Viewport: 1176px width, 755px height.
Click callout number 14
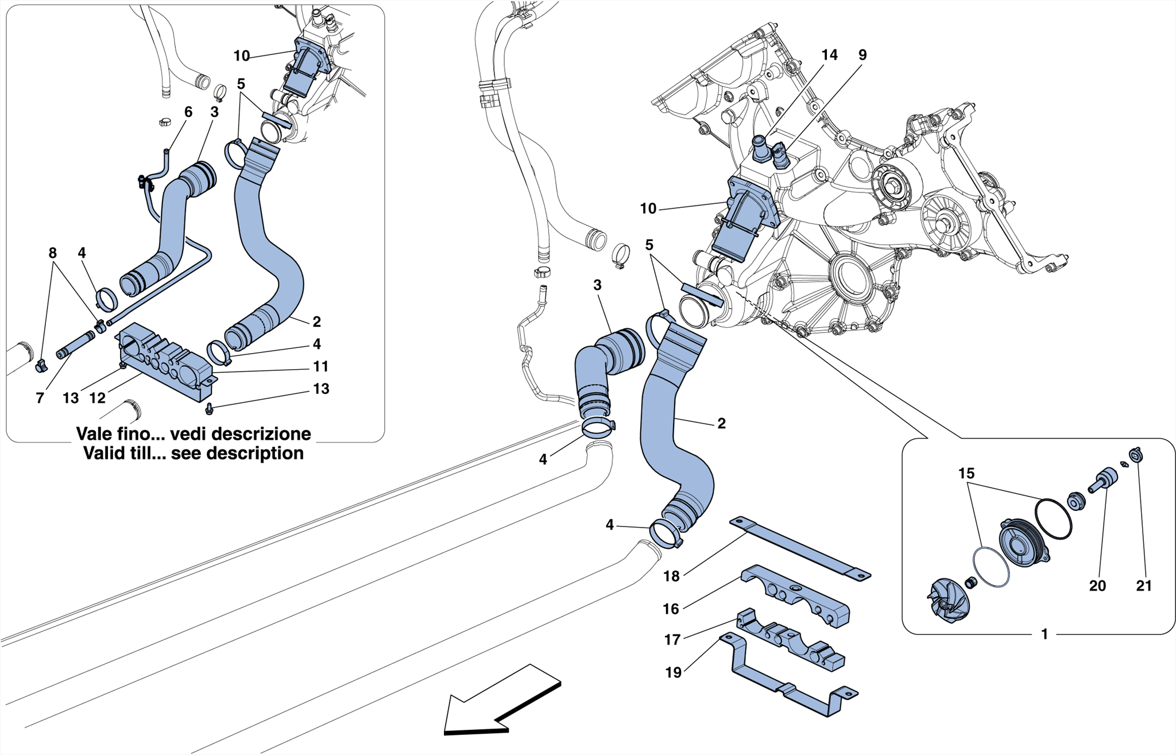pyautogui.click(x=829, y=55)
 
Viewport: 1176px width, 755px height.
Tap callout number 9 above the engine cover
pyautogui.click(x=862, y=55)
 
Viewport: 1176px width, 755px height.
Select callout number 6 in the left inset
pyautogui.click(x=188, y=112)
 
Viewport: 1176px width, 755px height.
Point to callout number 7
pyautogui.click(x=40, y=398)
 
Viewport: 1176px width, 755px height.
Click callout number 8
pyautogui.click(x=52, y=253)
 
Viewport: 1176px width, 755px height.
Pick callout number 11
pyautogui.click(x=320, y=366)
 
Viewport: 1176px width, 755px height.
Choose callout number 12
pyautogui.click(x=98, y=398)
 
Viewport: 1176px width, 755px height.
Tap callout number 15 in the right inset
pyautogui.click(x=966, y=474)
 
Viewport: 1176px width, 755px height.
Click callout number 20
pyautogui.click(x=1097, y=586)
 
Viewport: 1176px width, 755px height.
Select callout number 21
pyautogui.click(x=1144, y=586)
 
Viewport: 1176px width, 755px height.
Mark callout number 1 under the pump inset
pyautogui.click(x=1045, y=634)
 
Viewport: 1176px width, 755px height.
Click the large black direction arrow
pyautogui.click(x=500, y=703)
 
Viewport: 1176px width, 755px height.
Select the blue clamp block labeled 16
pyautogui.click(x=798, y=600)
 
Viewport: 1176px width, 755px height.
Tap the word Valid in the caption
pyautogui.click(x=105, y=454)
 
